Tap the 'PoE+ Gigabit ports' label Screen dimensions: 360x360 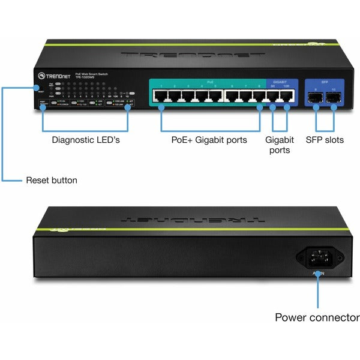point(210,140)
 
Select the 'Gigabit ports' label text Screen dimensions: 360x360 point(280,145)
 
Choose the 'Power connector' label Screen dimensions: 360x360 point(317,317)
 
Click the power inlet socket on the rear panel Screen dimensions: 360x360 point(317,259)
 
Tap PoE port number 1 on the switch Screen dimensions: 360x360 point(161,95)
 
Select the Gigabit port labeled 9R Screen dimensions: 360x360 point(273,95)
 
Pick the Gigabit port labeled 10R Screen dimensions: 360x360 point(287,95)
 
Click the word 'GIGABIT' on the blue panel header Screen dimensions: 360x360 point(280,81)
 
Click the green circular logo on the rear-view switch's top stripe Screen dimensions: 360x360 point(60,228)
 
